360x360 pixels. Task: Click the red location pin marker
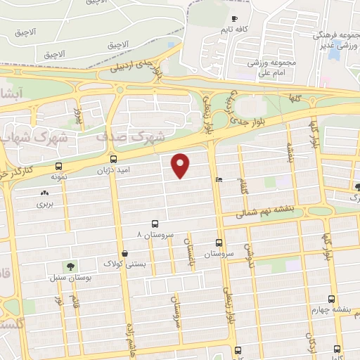click(181, 165)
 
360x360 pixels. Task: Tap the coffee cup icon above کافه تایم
click(234, 18)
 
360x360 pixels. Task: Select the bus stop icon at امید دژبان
click(113, 160)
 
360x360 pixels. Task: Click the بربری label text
click(45, 205)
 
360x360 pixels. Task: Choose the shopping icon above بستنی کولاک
click(124, 253)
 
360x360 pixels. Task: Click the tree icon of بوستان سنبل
click(70, 265)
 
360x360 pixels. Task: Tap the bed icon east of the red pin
click(219, 179)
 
